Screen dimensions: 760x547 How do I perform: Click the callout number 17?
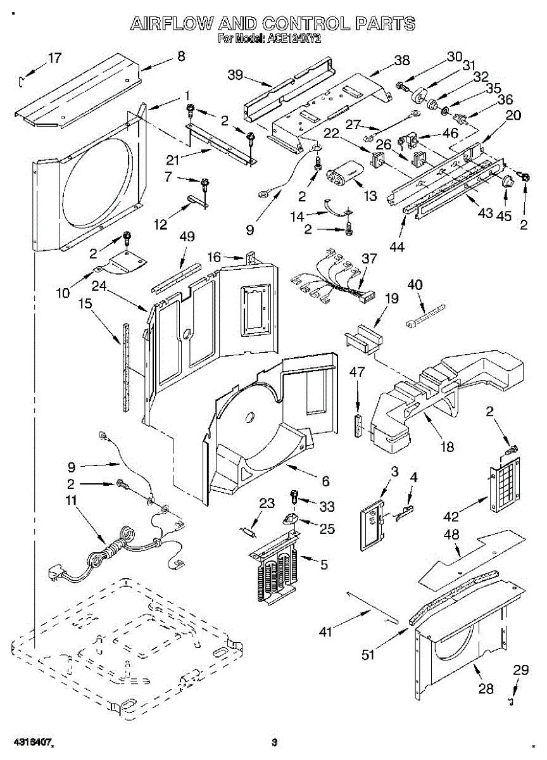(55, 58)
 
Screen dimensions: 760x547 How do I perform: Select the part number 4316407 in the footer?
(30, 742)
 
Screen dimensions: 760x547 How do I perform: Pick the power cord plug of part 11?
(55, 574)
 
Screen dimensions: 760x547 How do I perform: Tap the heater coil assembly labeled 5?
(275, 567)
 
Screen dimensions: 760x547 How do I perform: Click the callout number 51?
(367, 654)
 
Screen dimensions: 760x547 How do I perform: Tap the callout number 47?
(357, 372)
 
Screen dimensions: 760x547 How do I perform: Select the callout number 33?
(327, 506)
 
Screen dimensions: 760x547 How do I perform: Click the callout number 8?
(181, 56)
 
